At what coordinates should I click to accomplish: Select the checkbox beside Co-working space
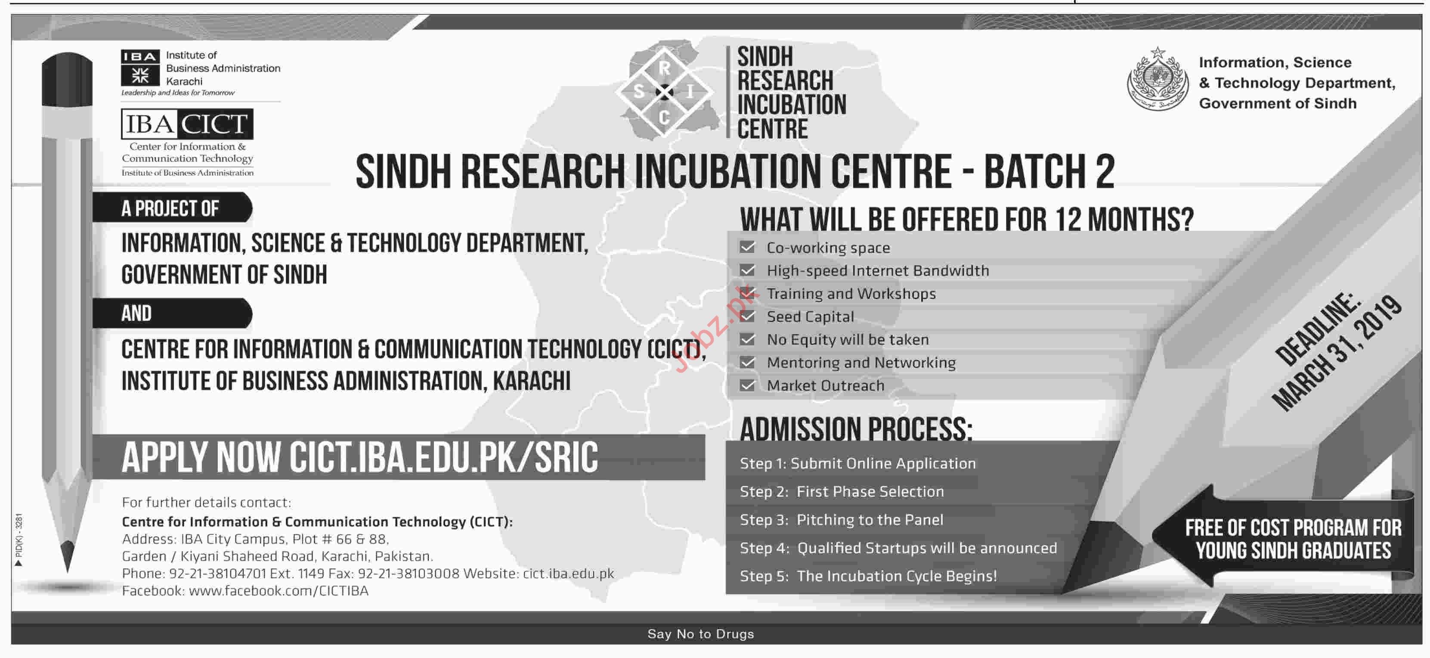(x=747, y=247)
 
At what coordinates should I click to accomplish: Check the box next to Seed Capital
(x=747, y=316)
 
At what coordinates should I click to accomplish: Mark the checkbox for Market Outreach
(x=747, y=385)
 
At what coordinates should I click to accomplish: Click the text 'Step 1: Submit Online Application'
(x=857, y=463)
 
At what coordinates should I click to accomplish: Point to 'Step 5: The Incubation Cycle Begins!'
(x=868, y=576)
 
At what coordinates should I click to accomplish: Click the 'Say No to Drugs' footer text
(x=700, y=633)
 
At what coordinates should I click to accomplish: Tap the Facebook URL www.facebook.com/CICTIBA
(x=279, y=590)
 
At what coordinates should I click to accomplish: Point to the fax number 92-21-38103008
(x=409, y=573)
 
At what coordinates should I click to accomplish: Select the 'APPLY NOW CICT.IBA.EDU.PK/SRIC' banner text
(x=360, y=458)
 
